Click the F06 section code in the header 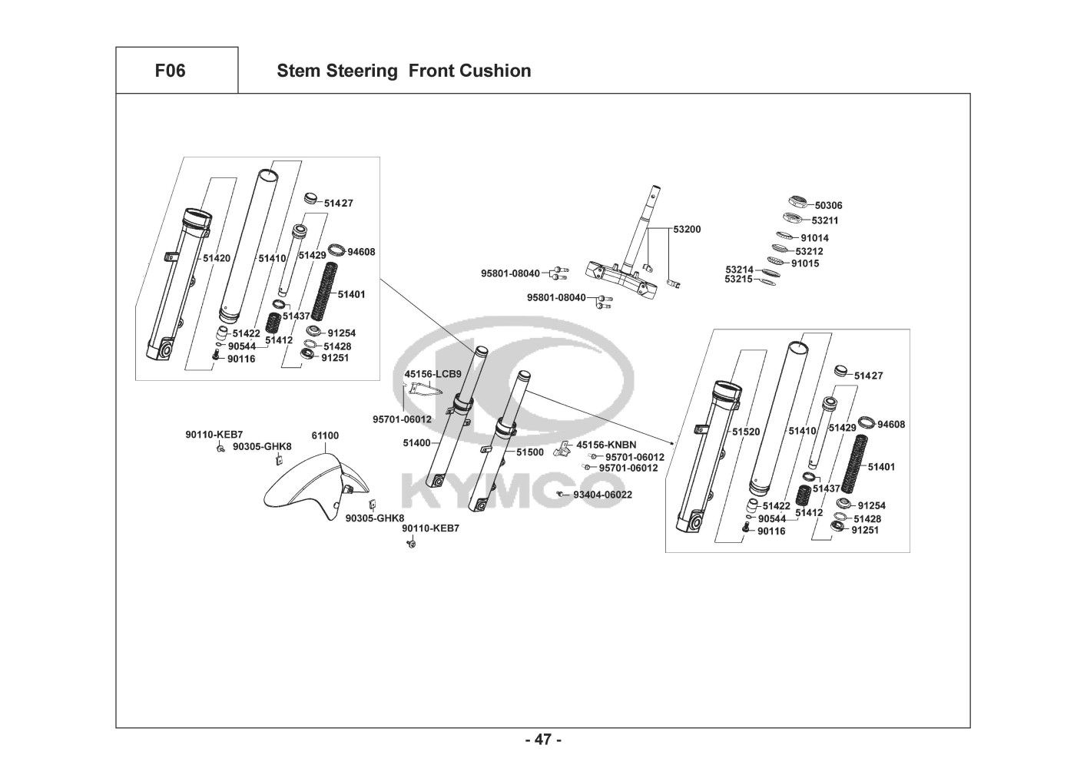pyautogui.click(x=170, y=71)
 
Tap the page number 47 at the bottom pyautogui.click(x=543, y=740)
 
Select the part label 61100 pyautogui.click(x=325, y=435)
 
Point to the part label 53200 pyautogui.click(x=687, y=230)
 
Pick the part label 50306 pyautogui.click(x=828, y=206)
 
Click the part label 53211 pyautogui.click(x=825, y=220)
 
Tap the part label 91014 pyautogui.click(x=814, y=238)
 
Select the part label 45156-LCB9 pyautogui.click(x=433, y=374)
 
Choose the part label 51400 pyautogui.click(x=416, y=443)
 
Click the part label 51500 pyautogui.click(x=529, y=452)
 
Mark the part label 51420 pyautogui.click(x=217, y=259)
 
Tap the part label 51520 pyautogui.click(x=745, y=432)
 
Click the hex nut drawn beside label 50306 pyautogui.click(x=797, y=204)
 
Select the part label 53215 pyautogui.click(x=739, y=279)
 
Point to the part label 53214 pyautogui.click(x=739, y=270)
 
